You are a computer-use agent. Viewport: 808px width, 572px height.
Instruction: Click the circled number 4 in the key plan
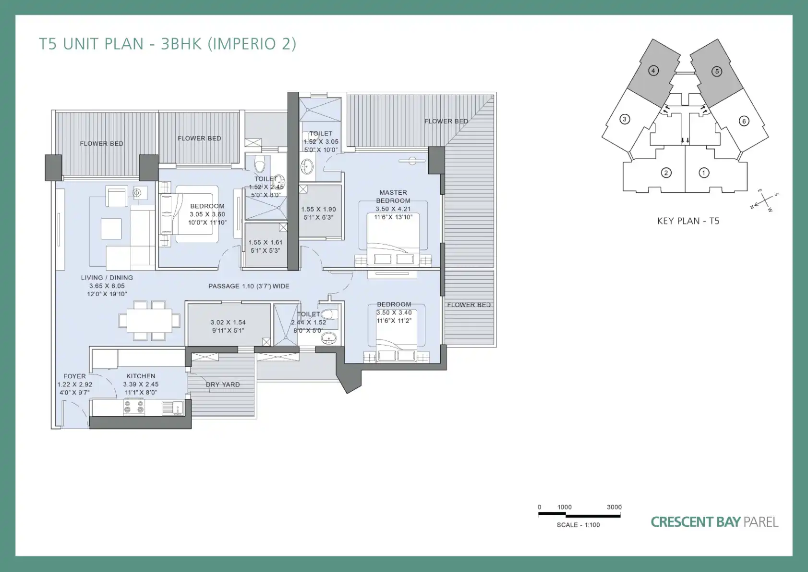(x=653, y=71)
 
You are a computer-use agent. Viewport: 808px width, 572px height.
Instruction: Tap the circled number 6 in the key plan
(x=744, y=121)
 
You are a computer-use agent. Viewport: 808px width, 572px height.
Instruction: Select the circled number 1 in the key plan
(x=704, y=173)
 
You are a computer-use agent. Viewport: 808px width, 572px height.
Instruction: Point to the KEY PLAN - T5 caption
(x=688, y=221)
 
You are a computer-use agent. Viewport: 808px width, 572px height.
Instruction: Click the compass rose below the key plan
(x=763, y=201)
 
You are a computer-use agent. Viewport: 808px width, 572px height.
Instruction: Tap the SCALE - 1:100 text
(x=578, y=525)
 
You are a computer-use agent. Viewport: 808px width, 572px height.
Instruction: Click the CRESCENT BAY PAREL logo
(x=714, y=522)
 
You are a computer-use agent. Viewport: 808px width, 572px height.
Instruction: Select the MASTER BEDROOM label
(x=393, y=197)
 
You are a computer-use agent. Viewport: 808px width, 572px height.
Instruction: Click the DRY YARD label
(x=223, y=385)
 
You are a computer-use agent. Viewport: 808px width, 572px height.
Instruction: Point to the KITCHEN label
(x=141, y=376)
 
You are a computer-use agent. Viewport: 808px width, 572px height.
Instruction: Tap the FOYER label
(x=75, y=376)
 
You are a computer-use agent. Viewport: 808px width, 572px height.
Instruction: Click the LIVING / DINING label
(x=107, y=278)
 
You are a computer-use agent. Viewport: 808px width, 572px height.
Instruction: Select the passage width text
(x=249, y=286)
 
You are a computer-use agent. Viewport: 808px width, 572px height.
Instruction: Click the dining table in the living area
(x=149, y=320)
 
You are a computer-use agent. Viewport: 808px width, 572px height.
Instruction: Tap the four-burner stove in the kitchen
(x=134, y=407)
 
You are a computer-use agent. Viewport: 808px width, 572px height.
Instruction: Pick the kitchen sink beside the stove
(x=173, y=408)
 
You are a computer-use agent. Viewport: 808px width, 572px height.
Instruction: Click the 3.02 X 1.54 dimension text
(x=229, y=323)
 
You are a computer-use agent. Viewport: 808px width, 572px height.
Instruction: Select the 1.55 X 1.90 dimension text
(x=318, y=210)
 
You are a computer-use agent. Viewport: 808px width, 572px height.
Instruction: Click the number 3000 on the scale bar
(x=614, y=507)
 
